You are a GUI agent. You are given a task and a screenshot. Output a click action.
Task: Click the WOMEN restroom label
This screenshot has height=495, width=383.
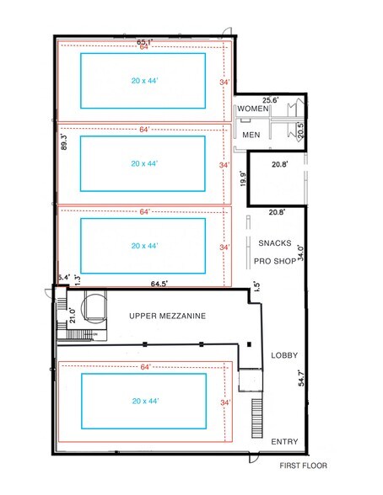tap(253, 109)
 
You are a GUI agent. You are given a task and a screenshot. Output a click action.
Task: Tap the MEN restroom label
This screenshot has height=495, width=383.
tap(251, 135)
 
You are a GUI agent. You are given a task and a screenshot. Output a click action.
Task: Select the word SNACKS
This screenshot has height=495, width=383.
tap(276, 244)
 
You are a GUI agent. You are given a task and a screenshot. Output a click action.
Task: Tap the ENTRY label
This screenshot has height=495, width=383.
tap(283, 441)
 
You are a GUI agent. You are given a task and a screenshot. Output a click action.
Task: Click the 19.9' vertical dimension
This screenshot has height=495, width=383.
tap(242, 179)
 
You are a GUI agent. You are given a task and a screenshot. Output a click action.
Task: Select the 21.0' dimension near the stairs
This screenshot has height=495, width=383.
tap(73, 315)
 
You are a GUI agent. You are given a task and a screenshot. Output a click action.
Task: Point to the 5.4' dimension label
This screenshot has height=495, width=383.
tap(62, 277)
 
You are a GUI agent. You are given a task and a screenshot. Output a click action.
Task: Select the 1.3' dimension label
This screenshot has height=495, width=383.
tap(78, 279)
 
